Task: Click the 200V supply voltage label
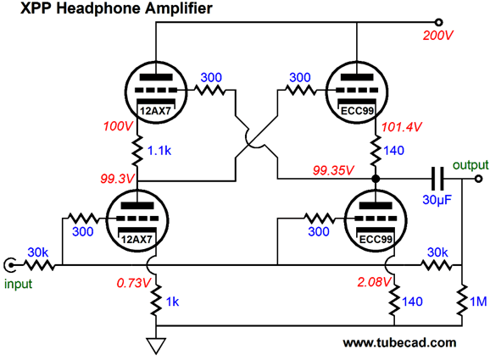coord(437,36)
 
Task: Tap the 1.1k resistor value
coord(159,151)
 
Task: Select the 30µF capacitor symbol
coord(437,179)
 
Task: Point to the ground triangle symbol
coord(156,346)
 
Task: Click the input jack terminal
coord(10,265)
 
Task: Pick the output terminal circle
coord(478,179)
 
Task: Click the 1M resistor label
coord(478,302)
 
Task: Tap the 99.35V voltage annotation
coord(333,170)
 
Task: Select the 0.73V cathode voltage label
coord(133,283)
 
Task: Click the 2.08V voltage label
coord(374,282)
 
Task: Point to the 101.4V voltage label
coord(402,127)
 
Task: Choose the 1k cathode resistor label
coord(172,302)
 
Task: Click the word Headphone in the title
coord(98,8)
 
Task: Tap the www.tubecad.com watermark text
coord(399,343)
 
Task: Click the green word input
coord(18,284)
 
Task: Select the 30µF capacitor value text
coord(437,200)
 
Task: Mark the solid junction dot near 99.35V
coord(376,179)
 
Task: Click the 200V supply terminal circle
coord(439,23)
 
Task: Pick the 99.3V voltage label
coord(117,179)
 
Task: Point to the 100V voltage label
coord(118,126)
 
